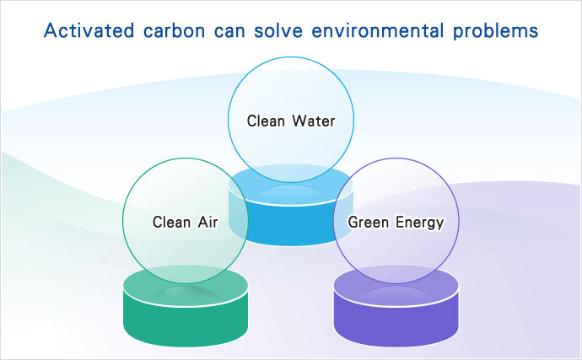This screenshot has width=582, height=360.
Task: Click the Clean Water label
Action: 291,121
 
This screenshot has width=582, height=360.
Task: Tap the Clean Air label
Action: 186,223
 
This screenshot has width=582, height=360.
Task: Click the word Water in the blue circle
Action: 314,121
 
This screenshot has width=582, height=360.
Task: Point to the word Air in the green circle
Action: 207,223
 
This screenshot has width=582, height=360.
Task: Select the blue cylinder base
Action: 291,223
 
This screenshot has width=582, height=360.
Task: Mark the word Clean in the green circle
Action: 170,223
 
